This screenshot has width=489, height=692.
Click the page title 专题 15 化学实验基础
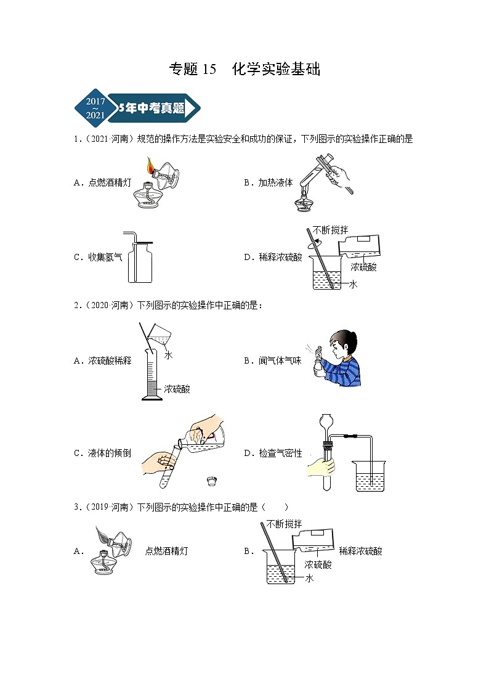[244, 69]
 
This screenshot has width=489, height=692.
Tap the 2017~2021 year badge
[95, 108]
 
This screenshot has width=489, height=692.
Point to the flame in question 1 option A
[150, 165]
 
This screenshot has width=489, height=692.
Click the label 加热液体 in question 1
[277, 182]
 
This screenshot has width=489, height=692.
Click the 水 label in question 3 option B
[309, 578]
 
